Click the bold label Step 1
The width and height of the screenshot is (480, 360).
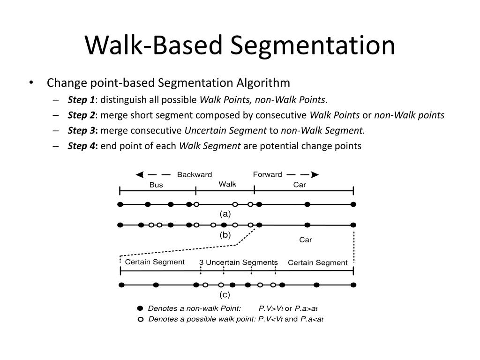pos(81,99)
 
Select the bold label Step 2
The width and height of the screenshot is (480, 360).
pos(81,115)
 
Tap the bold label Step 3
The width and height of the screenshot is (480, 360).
pos(82,130)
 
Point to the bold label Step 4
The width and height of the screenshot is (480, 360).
pos(82,146)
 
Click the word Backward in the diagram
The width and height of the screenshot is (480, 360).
pos(194,175)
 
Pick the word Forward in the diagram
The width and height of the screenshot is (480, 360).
pos(267,175)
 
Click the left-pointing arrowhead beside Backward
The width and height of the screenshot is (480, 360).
pos(139,175)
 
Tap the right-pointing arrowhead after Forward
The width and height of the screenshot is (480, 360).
pos(315,175)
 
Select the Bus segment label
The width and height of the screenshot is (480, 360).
pos(156,185)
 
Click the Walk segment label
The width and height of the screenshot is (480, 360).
pos(227,184)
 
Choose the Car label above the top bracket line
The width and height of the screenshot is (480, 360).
pos(300,185)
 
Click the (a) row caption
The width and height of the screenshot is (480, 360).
pos(225,214)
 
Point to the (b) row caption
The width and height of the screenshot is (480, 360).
pos(225,235)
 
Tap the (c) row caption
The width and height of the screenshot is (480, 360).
pos(225,295)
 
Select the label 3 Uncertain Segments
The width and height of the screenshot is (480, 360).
pos(239,262)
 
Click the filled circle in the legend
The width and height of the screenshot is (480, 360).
pos(140,308)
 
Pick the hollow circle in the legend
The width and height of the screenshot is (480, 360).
pos(140,320)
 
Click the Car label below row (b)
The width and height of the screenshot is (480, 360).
pos(306,240)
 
